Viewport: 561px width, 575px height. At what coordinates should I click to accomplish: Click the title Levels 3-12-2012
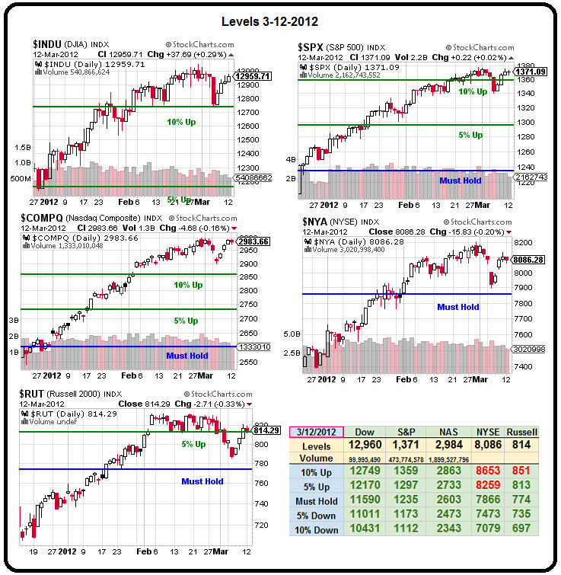pyautogui.click(x=280, y=21)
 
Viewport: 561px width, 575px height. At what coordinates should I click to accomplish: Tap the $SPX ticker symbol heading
pyautogui.click(x=313, y=47)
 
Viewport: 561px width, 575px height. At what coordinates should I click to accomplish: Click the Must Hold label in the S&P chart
pyautogui.click(x=461, y=180)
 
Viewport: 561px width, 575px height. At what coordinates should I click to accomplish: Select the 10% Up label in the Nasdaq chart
pyautogui.click(x=188, y=285)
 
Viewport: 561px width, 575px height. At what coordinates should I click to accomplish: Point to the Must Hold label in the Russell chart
pyautogui.click(x=202, y=481)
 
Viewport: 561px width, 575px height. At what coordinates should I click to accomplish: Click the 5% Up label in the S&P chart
pyautogui.click(x=470, y=135)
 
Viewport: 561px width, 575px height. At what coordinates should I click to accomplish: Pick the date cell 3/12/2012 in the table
pyautogui.click(x=317, y=432)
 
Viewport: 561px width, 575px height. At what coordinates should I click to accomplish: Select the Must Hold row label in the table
pyautogui.click(x=317, y=500)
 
